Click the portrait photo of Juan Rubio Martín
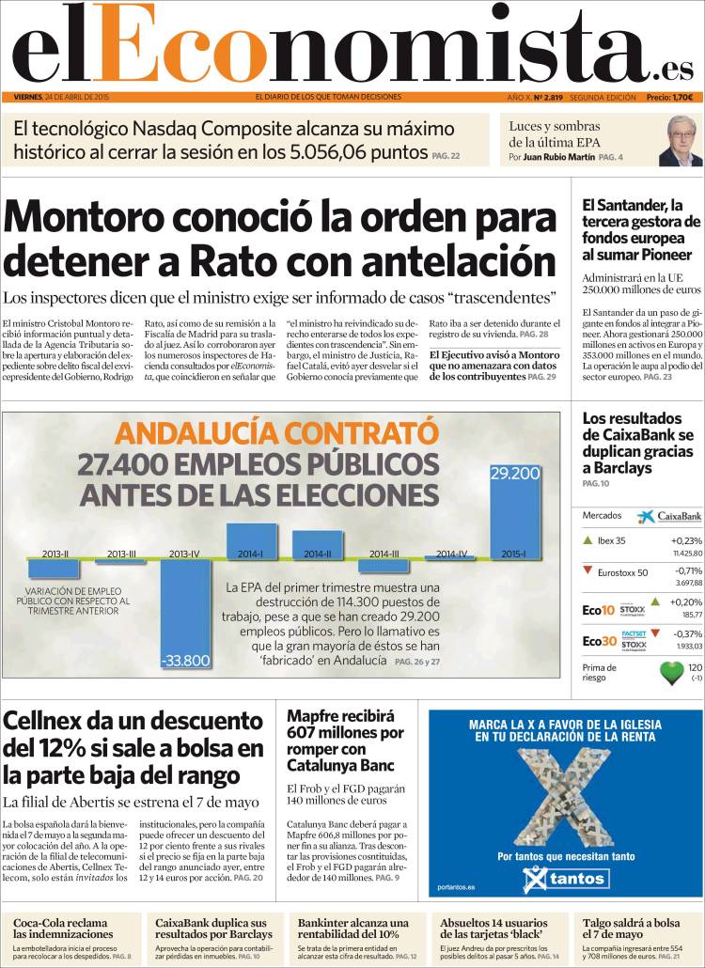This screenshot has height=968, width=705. tap(680, 141)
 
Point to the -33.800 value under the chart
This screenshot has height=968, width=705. tap(185, 661)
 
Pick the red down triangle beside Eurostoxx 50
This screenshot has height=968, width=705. tap(588, 570)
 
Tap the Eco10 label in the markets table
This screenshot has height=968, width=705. tap(598, 609)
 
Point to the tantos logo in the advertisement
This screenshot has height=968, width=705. tap(565, 880)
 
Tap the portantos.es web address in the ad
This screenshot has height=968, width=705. tap(457, 887)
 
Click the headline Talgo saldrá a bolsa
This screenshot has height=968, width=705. tap(631, 929)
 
